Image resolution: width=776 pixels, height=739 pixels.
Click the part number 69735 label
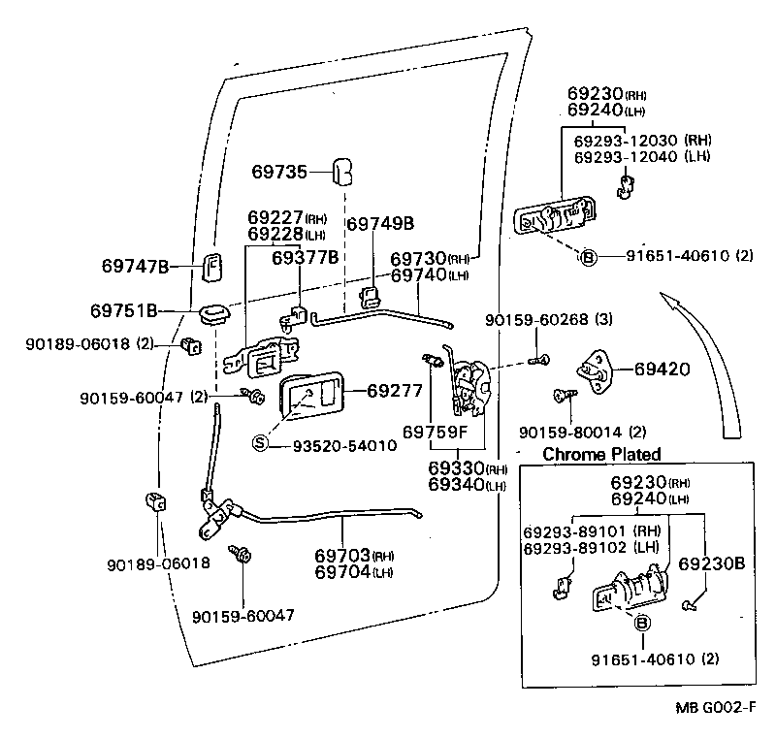pos(279,172)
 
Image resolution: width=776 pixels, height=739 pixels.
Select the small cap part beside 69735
pos(342,171)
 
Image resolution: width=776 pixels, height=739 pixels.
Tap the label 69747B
pos(136,266)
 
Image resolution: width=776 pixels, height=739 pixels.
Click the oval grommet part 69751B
pos(213,312)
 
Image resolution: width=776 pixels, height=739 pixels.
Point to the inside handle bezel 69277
pos(310,398)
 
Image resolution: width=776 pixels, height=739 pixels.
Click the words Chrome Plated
pos(601,454)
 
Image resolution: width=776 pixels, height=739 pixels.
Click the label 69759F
pos(436,430)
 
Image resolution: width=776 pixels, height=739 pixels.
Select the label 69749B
pos(380,224)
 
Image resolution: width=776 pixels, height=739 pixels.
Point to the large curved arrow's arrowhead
pos(666,297)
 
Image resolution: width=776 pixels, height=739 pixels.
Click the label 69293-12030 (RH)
pos(643,140)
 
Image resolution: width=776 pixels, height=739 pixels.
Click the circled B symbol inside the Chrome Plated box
pos(642,625)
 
